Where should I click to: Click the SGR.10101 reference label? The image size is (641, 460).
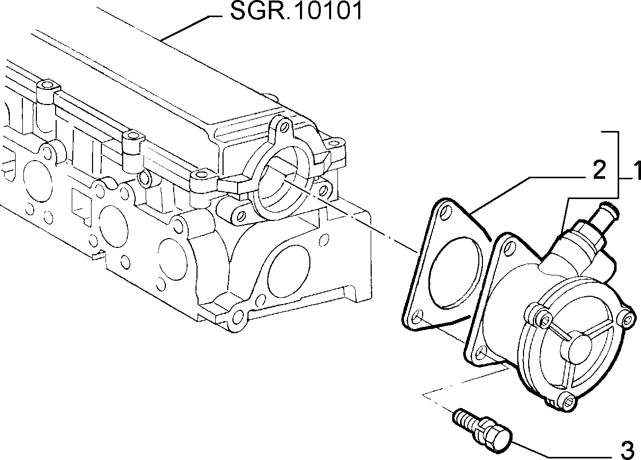pos(296,11)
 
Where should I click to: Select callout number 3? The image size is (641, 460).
pos(628,451)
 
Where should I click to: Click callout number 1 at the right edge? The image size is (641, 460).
pos(637,170)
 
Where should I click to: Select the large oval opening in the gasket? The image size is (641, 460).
pos(454,273)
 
